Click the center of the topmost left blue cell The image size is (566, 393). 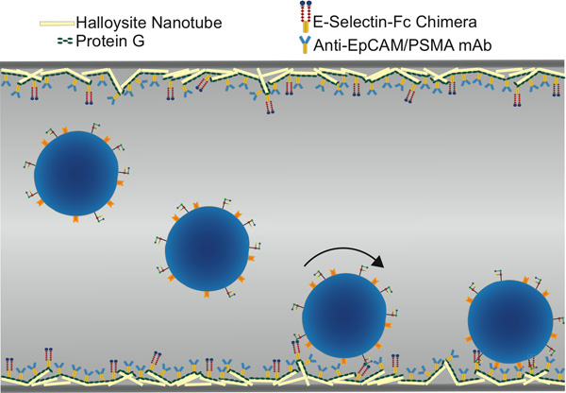[76, 173]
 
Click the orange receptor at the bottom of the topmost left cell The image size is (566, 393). [76, 219]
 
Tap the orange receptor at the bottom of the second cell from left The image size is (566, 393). [207, 294]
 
